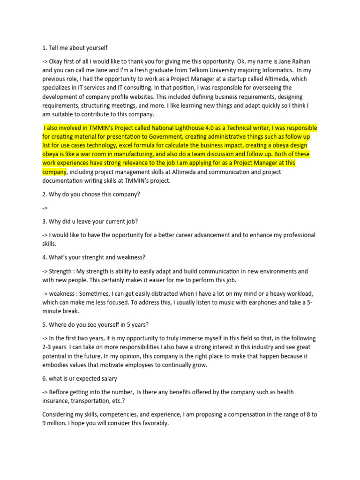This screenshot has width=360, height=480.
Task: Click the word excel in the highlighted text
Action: point(128,145)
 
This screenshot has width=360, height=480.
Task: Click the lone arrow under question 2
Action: point(45,207)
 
